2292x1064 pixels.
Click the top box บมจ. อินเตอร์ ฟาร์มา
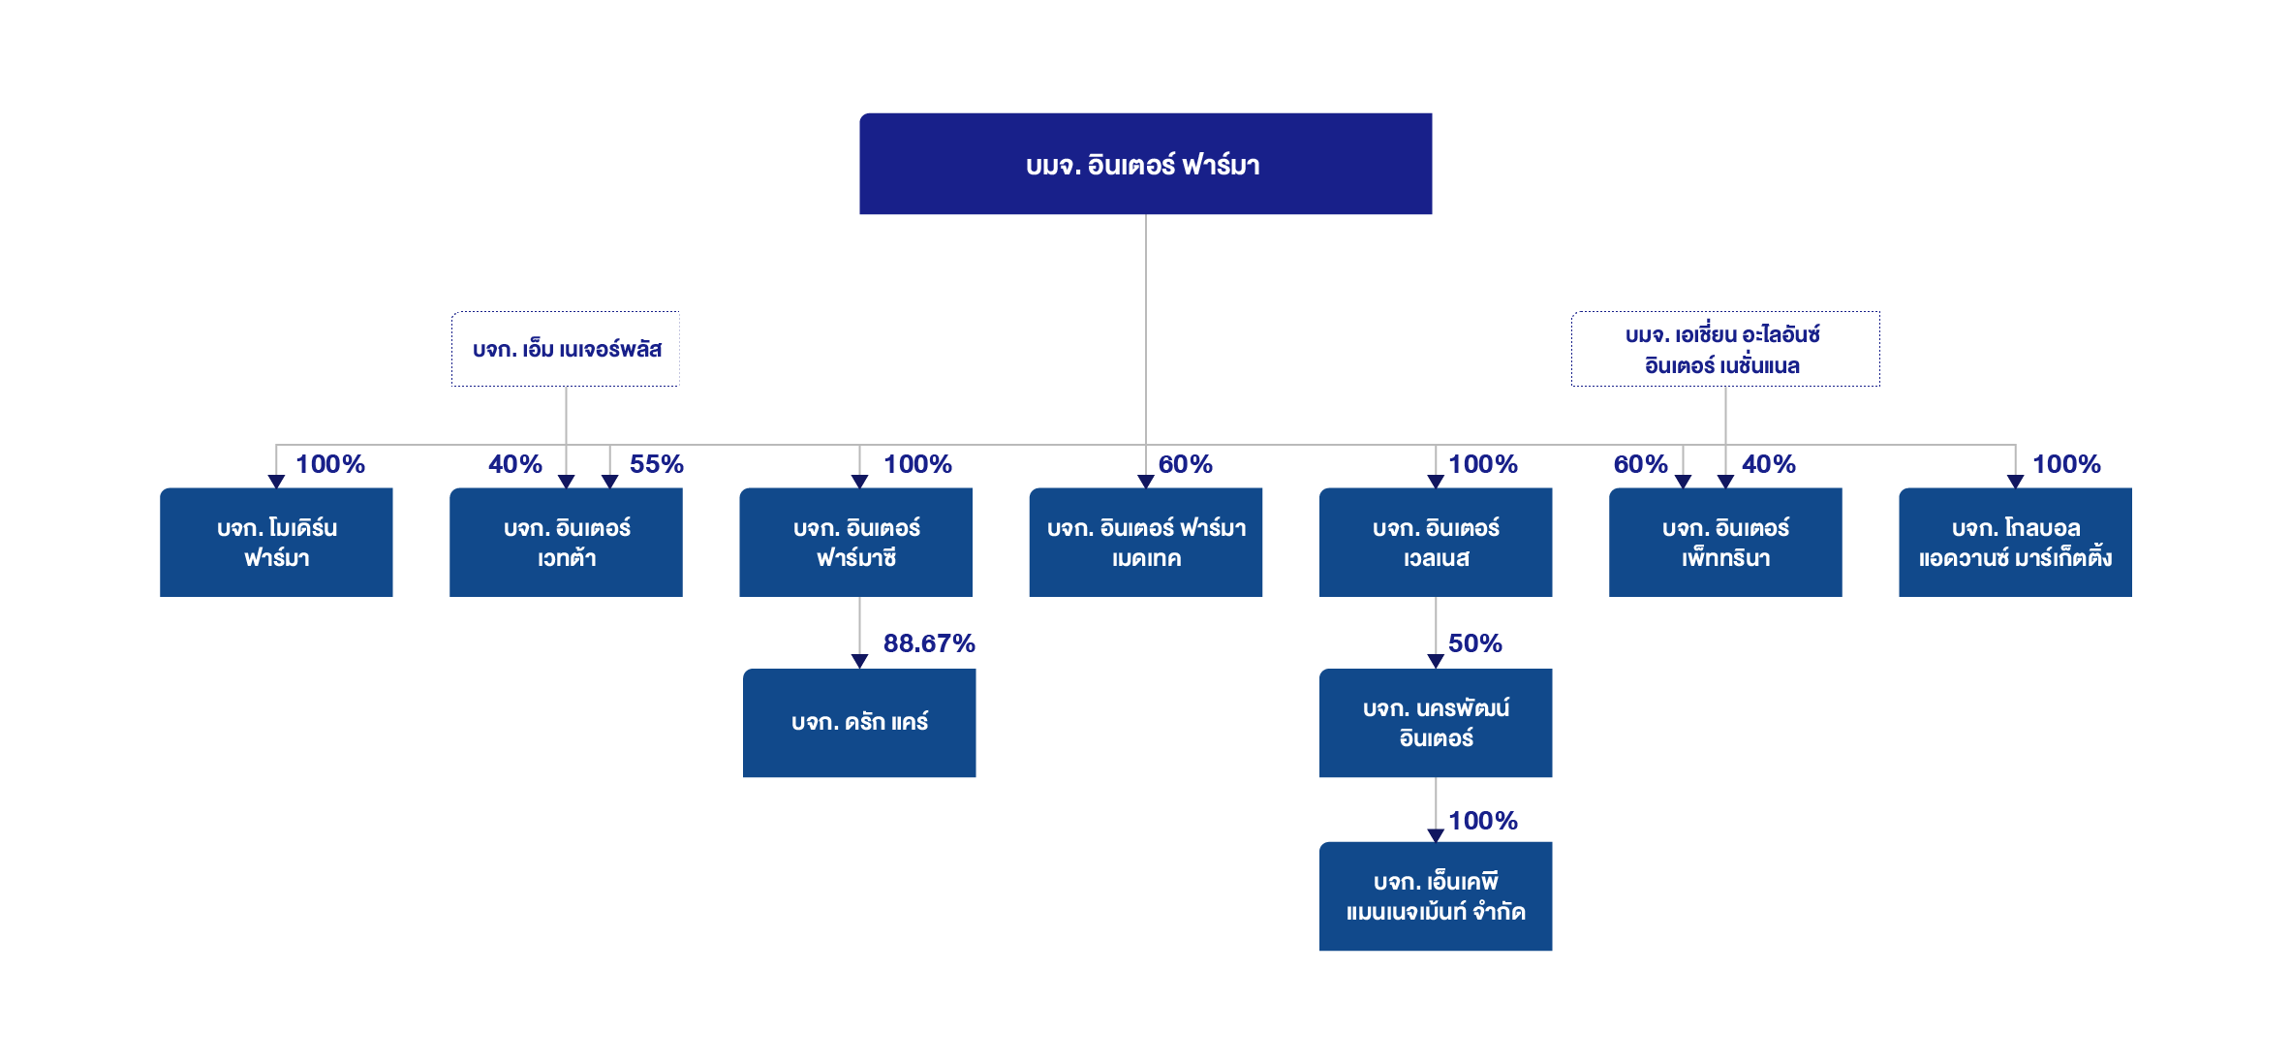pyautogui.click(x=1145, y=164)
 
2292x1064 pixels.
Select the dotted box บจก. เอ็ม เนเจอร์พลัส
pyautogui.click(x=566, y=349)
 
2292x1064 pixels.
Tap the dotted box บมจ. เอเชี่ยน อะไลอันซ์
pyautogui.click(x=1725, y=349)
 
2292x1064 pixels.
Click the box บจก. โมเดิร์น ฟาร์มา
pyautogui.click(x=276, y=542)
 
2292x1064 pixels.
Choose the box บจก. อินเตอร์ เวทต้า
pyautogui.click(x=566, y=542)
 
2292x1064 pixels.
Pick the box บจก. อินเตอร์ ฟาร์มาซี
pyautogui.click(x=855, y=542)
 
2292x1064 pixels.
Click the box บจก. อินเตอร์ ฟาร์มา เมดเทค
pyautogui.click(x=1145, y=542)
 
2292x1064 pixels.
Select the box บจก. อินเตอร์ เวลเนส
pyautogui.click(x=1436, y=542)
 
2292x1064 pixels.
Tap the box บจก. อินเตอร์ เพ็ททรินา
pyautogui.click(x=1725, y=542)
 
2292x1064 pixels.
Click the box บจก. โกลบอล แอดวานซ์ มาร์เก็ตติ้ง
pyautogui.click(x=2015, y=542)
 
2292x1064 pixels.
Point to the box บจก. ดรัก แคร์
pyautogui.click(x=859, y=723)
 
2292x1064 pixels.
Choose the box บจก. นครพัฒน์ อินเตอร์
pyautogui.click(x=1436, y=723)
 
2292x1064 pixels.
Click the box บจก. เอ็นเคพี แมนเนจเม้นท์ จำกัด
pyautogui.click(x=1436, y=896)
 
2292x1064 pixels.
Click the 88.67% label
pyautogui.click(x=929, y=643)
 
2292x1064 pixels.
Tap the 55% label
pyautogui.click(x=657, y=464)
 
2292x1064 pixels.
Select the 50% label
pyautogui.click(x=1475, y=643)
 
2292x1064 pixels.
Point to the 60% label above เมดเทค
pyautogui.click(x=1186, y=464)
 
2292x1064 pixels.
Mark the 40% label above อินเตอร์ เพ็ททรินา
pyautogui.click(x=1769, y=464)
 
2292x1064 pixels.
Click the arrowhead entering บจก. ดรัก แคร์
pyautogui.click(x=859, y=661)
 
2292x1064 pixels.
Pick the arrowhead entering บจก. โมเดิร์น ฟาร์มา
pyautogui.click(x=276, y=482)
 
